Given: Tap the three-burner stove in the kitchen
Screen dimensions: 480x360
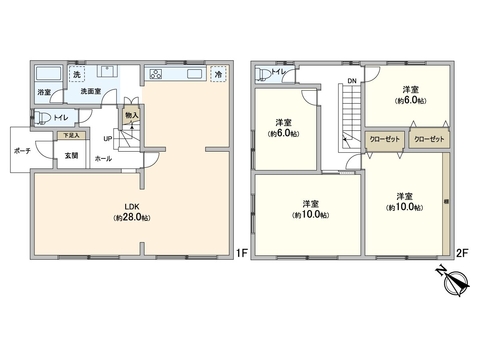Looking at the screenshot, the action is (156, 74).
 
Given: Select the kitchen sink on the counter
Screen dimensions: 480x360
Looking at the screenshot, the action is (195, 74).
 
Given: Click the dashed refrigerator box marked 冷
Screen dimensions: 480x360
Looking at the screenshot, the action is (218, 74).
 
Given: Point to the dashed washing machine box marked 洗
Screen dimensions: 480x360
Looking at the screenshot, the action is (77, 74).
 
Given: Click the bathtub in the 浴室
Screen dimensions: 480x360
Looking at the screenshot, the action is (48, 74).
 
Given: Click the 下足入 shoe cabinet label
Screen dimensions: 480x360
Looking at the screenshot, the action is (71, 136).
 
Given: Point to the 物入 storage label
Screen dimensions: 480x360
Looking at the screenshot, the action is (132, 115).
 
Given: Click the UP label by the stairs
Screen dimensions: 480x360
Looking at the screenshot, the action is (108, 138).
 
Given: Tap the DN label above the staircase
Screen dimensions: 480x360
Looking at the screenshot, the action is (352, 81).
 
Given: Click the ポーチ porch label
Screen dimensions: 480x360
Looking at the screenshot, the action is (22, 151).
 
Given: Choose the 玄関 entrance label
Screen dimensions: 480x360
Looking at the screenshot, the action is (71, 156).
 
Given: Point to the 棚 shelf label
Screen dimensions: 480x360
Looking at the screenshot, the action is (446, 202).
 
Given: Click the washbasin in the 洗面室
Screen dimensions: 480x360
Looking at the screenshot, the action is (107, 71).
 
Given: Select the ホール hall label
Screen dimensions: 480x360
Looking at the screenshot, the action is (104, 159).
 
